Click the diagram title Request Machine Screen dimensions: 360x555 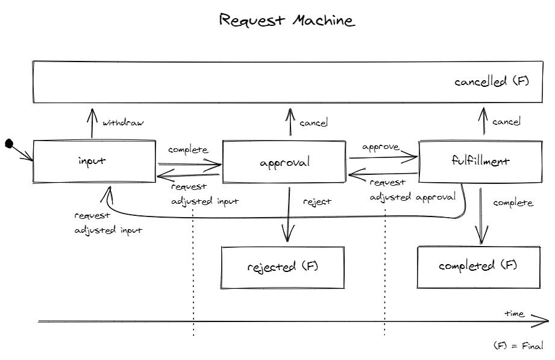click(287, 21)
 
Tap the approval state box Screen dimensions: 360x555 click(284, 162)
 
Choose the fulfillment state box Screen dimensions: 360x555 click(480, 161)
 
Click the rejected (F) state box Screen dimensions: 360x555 click(283, 266)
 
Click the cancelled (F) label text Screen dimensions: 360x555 click(491, 81)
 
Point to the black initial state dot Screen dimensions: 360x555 click(9, 144)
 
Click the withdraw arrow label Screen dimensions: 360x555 click(123, 123)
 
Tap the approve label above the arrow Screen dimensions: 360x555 click(381, 147)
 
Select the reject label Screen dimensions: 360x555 click(317, 201)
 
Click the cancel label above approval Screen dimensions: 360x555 click(313, 123)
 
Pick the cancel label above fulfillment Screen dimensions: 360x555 click(506, 122)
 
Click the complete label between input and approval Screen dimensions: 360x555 click(188, 150)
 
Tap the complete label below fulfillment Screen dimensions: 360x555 click(513, 203)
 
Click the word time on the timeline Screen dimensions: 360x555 click(514, 314)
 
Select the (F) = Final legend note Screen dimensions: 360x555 click(518, 346)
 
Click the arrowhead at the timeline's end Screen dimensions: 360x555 click(541, 323)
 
